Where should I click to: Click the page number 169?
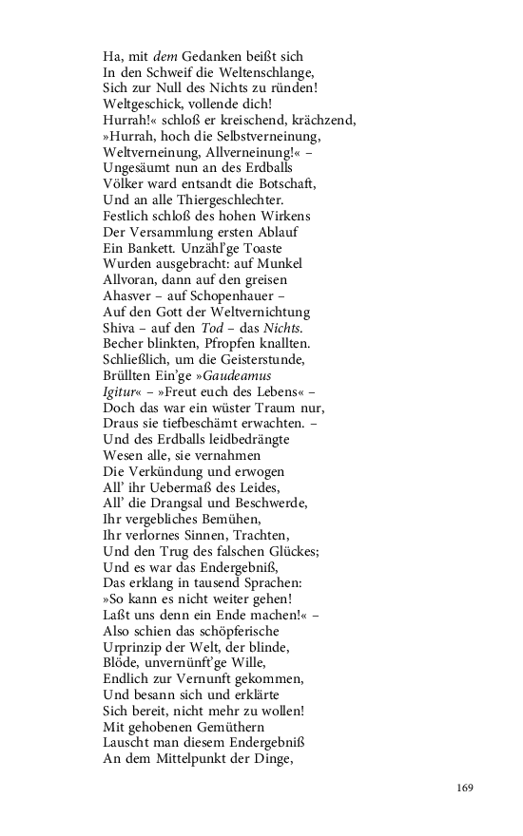(463, 788)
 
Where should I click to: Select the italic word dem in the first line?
(165, 56)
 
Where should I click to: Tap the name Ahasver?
(129, 294)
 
